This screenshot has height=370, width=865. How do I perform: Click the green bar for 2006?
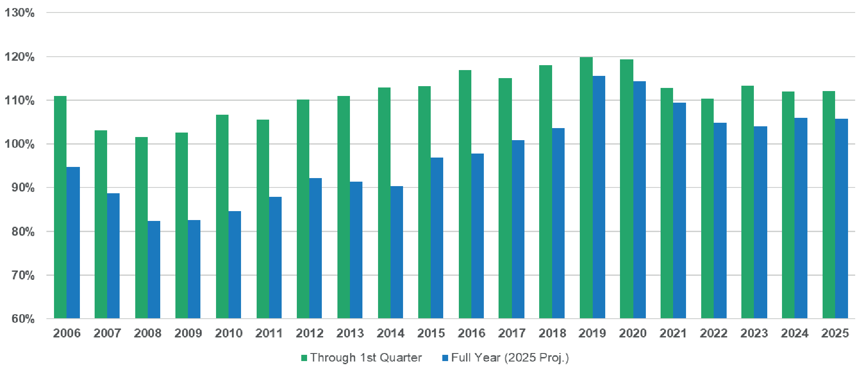(60, 207)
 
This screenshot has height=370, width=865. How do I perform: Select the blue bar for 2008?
(154, 270)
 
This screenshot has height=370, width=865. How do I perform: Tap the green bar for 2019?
(586, 187)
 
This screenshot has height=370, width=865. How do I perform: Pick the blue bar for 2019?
(599, 197)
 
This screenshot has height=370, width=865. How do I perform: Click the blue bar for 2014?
(397, 252)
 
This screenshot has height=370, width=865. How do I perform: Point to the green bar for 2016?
(465, 194)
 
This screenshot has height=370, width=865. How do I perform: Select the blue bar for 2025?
(841, 218)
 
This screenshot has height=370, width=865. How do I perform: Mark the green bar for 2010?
(222, 216)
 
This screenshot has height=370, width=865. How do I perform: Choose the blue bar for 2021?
(679, 210)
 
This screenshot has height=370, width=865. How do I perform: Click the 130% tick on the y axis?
(20, 12)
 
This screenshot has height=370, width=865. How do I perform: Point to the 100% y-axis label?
(20, 144)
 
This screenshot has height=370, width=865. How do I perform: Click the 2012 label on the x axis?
(310, 333)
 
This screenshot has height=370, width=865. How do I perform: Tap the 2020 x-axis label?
(633, 333)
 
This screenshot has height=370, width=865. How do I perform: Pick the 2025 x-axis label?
(835, 333)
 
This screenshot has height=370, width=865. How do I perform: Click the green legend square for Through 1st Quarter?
(304, 358)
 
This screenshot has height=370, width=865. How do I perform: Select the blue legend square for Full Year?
(445, 358)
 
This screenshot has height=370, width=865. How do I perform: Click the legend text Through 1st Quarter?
(366, 358)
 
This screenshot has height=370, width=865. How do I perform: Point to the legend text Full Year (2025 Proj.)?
(510, 358)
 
